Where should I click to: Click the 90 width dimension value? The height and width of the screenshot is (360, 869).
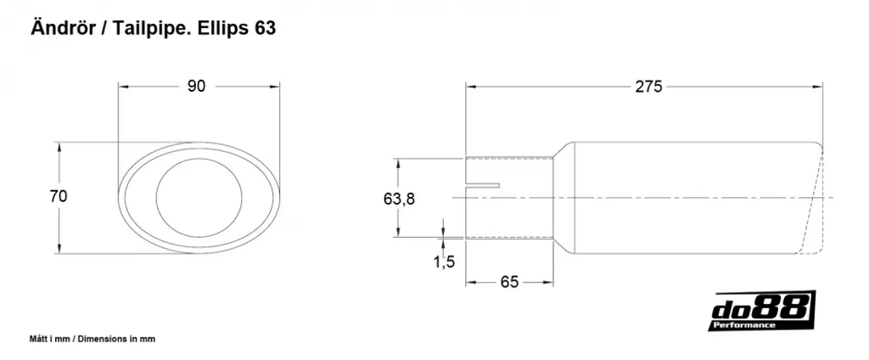197,87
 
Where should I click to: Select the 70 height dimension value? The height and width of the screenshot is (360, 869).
59,196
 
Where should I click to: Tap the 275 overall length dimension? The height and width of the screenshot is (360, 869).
648,87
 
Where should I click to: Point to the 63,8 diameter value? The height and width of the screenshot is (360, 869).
399,199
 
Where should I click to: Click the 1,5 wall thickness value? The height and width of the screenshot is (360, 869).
444,262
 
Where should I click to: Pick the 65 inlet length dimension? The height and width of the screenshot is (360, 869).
509,283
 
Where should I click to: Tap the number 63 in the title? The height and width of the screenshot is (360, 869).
265,29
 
